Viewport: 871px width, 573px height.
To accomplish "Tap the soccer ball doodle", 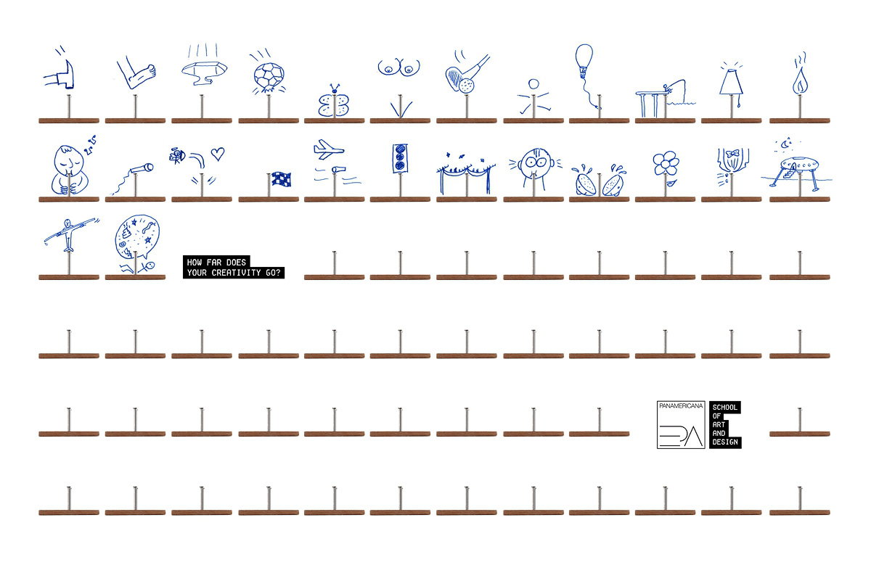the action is coord(269,77).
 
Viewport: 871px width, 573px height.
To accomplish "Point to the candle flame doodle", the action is coord(800,81).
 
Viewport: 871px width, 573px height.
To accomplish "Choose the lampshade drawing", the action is coord(732,81).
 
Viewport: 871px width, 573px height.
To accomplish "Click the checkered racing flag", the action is coord(281,179).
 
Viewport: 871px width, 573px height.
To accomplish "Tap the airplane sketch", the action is coord(328,149).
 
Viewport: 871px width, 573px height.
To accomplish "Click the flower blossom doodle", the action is coord(666,163).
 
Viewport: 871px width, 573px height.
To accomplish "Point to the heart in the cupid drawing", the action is coord(218,154).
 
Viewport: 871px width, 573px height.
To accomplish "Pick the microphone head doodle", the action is coord(149,168).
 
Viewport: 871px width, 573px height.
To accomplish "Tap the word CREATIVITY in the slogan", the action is coord(236,273).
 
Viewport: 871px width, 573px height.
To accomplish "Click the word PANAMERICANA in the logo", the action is coord(681,406).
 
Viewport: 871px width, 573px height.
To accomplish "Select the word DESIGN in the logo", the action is coord(725,442).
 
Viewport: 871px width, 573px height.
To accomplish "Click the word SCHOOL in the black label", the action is coord(725,407).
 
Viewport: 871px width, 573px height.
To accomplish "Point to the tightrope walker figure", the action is coord(68,234).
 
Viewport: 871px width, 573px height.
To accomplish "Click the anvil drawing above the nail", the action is coord(204,73).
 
